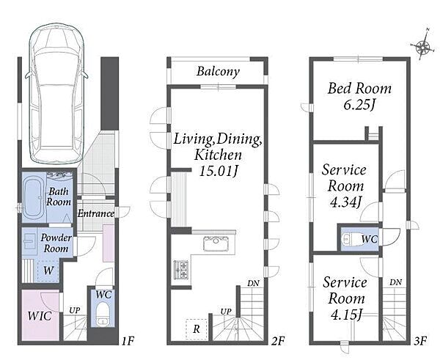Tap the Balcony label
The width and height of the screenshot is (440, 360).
pyautogui.click(x=218, y=71)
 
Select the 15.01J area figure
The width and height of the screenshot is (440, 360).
pyautogui.click(x=219, y=171)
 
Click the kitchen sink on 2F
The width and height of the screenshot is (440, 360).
pyautogui.click(x=216, y=243)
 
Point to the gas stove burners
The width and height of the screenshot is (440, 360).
pyautogui.click(x=181, y=270)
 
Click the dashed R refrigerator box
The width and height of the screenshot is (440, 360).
pyautogui.click(x=197, y=329)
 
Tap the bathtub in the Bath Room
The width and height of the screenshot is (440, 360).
pyautogui.click(x=34, y=197)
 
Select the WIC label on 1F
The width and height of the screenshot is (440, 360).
pyautogui.click(x=40, y=316)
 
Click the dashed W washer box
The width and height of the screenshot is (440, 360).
pyautogui.click(x=48, y=271)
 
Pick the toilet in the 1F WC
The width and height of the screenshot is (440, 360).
pyautogui.click(x=103, y=314)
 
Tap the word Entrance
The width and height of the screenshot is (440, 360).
pyautogui.click(x=95, y=213)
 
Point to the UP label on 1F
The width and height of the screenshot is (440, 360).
pyautogui.click(x=75, y=310)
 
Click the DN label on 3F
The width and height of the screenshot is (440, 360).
pyautogui.click(x=395, y=282)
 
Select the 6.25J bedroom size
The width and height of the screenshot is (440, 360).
pyautogui.click(x=359, y=105)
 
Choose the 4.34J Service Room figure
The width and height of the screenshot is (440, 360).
pyautogui.click(x=345, y=202)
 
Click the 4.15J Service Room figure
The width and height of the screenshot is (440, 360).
pyautogui.click(x=345, y=315)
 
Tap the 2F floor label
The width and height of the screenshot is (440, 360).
pyautogui.click(x=278, y=341)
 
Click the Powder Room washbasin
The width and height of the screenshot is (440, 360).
pyautogui.click(x=29, y=241)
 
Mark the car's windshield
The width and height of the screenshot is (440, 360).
pyautogui.click(x=56, y=67)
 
